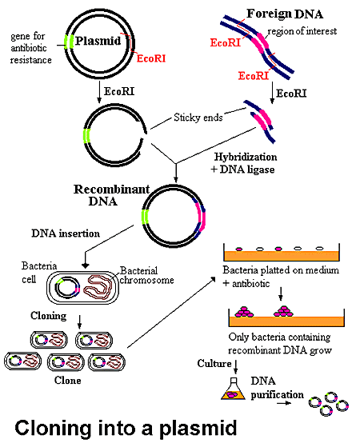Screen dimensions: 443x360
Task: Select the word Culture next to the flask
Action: click(x=214, y=365)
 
